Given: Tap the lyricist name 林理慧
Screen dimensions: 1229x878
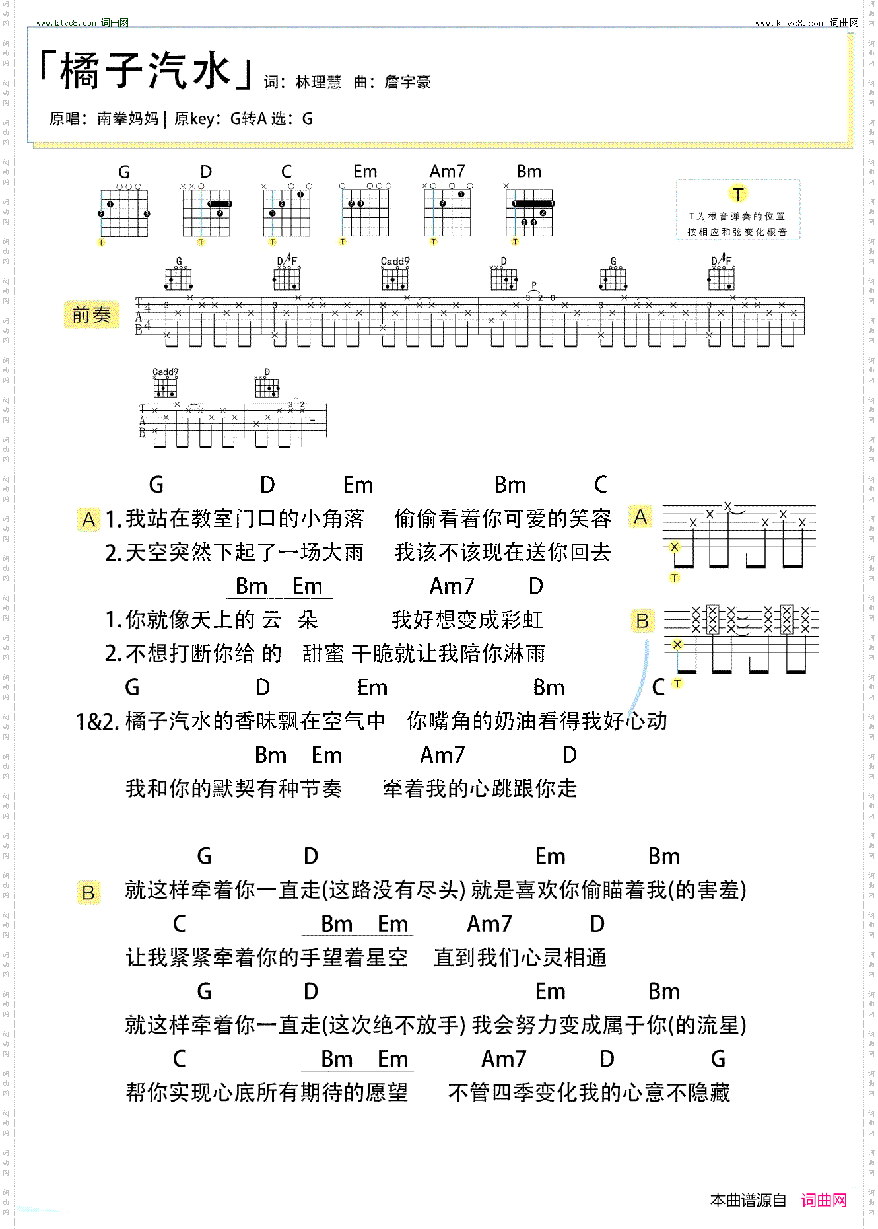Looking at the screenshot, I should click(318, 83).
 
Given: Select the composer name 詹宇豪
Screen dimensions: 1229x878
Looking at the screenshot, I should click(407, 83).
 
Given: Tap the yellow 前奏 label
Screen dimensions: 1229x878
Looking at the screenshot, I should click(91, 314).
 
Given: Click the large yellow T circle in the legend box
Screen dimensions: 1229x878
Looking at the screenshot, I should click(737, 193).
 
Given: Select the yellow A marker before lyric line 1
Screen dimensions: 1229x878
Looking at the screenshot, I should click(88, 520).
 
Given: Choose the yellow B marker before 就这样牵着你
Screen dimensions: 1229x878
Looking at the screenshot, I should click(88, 893).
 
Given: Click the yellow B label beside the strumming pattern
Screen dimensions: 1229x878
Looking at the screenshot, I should click(642, 621).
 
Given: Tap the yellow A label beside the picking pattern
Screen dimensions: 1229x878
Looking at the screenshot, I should click(640, 516).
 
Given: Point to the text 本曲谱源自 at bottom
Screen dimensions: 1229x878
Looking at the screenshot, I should click(748, 1200).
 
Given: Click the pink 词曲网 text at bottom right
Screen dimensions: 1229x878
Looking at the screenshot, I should click(824, 1200).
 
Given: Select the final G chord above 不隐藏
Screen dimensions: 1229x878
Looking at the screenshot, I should click(718, 1059).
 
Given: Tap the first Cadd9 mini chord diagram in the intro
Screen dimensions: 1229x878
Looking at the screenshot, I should click(395, 276).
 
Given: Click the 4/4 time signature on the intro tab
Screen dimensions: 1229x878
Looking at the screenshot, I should click(147, 316).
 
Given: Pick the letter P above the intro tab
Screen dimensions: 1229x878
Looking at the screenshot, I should click(533, 285).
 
